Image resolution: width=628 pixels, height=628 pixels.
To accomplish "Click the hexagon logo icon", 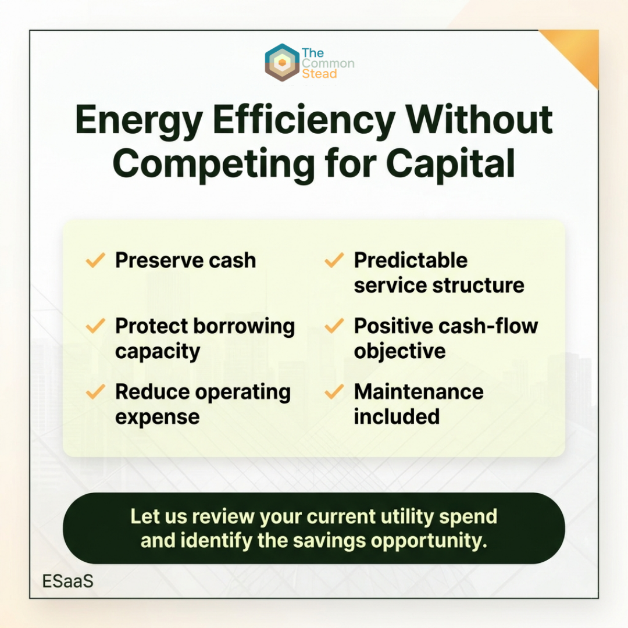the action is click(282, 62).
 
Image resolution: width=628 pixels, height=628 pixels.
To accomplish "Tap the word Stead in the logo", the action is click(319, 74).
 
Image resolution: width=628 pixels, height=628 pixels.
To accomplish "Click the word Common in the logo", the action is click(328, 63).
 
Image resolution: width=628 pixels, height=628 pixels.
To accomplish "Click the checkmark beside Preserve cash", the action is click(95, 261).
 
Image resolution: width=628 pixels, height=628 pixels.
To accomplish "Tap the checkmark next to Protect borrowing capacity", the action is click(95, 326).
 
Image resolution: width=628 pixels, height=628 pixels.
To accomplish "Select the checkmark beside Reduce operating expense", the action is click(95, 392).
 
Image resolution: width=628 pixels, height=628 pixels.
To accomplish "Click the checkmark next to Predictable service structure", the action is click(334, 261).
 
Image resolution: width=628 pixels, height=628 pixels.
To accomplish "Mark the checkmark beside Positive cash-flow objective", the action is click(334, 326).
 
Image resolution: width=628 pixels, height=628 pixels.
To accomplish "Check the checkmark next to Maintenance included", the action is click(334, 392).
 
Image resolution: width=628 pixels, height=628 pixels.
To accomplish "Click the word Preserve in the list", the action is click(159, 261).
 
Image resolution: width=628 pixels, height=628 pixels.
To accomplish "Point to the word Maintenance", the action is click(419, 392).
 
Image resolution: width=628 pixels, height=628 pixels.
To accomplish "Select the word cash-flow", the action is click(488, 326).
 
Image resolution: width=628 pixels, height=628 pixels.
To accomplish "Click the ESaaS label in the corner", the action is click(67, 581).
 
